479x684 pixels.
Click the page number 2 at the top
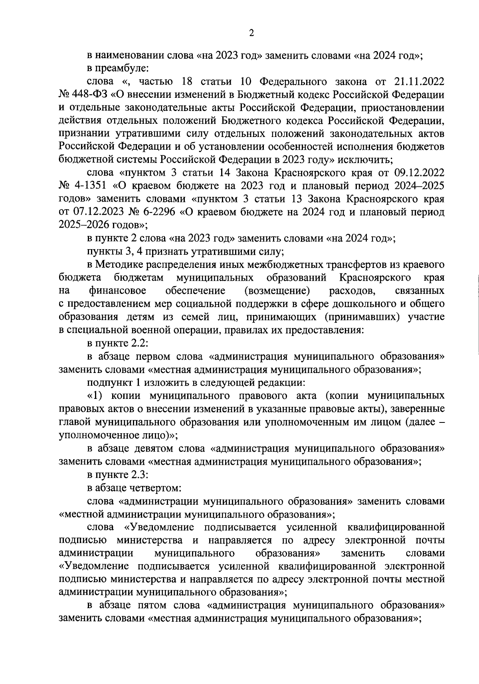pos(251,34)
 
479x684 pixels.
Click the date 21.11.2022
pos(419,82)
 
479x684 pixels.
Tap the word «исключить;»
pos(368,160)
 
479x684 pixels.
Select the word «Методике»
pos(120,265)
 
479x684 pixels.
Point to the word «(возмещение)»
pos(278,291)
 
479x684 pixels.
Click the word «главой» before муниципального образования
pos(75,422)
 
